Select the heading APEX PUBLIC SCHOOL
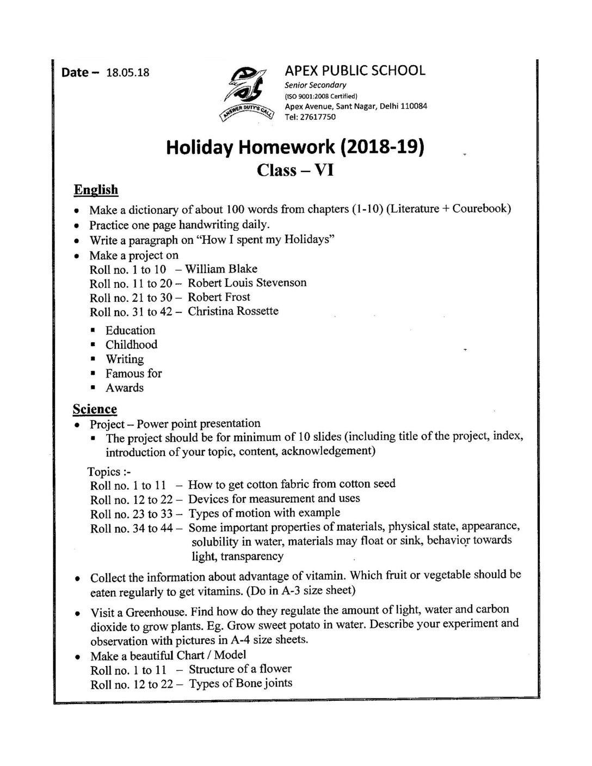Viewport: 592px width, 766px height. point(355,70)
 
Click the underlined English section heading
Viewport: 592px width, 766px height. point(96,190)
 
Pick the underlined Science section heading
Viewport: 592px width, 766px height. point(95,409)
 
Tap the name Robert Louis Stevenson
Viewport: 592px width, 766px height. point(247,283)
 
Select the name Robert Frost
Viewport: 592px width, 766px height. point(219,297)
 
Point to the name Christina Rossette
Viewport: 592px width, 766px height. point(233,311)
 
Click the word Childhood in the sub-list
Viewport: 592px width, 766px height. point(131,345)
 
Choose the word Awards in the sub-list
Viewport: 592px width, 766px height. point(125,388)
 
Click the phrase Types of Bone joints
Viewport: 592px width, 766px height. point(240,683)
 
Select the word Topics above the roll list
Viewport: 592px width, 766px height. point(103,471)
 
